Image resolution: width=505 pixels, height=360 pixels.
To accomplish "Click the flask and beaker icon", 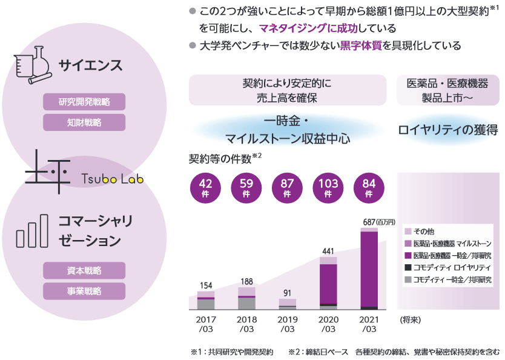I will pos(32,66).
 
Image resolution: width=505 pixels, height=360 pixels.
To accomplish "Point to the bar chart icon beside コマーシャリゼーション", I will pos(32,230).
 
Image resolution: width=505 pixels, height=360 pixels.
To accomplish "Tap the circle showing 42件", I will pos(205,187).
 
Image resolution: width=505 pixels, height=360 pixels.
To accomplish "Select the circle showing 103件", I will pos(328,187).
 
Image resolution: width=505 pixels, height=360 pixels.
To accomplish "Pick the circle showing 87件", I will pos(287,187).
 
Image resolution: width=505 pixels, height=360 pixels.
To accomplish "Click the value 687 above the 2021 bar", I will pos(370,222).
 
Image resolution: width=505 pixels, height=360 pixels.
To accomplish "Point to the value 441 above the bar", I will pos(328,251).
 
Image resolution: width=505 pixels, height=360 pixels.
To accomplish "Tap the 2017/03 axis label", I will pos(206,324).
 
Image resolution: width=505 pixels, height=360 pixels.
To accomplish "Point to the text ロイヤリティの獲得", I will pos(447,129).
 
